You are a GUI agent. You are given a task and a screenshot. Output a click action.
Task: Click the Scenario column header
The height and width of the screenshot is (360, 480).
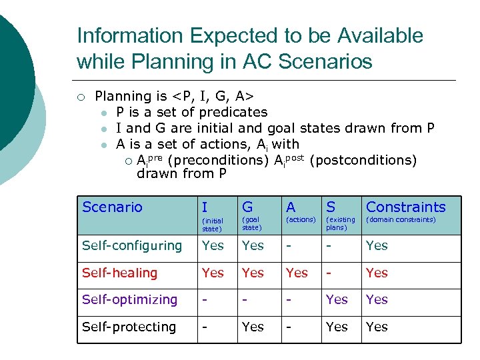(112, 207)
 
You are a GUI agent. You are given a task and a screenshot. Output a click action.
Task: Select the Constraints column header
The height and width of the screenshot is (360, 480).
(405, 207)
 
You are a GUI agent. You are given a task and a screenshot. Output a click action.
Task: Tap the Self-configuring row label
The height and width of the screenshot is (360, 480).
(132, 246)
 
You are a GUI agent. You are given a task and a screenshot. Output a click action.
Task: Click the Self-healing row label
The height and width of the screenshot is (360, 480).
(119, 273)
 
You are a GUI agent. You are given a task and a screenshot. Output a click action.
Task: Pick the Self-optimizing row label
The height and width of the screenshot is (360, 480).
(129, 300)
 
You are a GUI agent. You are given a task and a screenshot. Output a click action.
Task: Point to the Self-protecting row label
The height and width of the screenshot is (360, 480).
(129, 327)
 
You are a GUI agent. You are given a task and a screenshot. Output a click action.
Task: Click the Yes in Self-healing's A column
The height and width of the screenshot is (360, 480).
(297, 273)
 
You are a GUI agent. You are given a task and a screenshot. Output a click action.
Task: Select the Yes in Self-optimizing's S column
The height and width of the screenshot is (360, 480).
(337, 300)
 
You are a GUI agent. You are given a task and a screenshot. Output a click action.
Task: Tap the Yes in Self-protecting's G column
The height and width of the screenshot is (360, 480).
(253, 327)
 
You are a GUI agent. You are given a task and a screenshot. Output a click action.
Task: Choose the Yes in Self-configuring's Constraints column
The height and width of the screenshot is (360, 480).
(377, 246)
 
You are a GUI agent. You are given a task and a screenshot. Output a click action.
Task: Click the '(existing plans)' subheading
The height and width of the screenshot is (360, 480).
(340, 223)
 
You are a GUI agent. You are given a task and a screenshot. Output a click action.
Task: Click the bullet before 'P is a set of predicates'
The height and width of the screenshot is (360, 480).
(105, 113)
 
